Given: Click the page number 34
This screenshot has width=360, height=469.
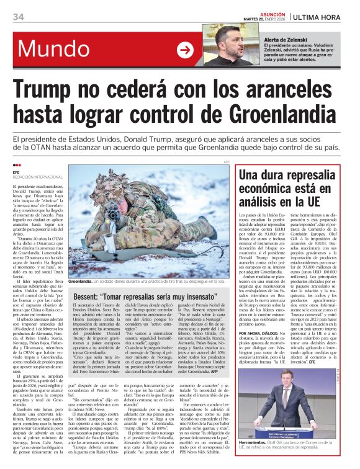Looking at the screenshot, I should click(18, 17).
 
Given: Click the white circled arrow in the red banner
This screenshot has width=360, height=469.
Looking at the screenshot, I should click(185, 50).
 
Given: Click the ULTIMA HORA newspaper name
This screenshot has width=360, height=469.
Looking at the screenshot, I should click(320, 16).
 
